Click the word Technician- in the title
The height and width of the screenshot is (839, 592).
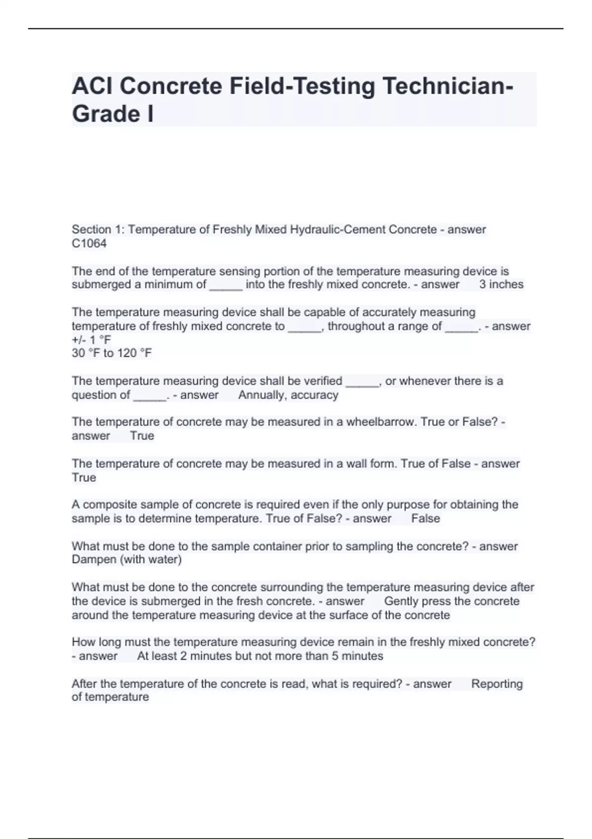(448, 86)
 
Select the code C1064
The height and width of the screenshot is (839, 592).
(89, 243)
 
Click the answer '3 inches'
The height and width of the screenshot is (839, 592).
(501, 284)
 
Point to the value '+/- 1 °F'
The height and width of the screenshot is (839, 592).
(91, 340)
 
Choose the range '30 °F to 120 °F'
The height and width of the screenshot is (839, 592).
(112, 353)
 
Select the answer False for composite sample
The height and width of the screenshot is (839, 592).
(425, 518)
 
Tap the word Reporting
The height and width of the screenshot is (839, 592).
(497, 684)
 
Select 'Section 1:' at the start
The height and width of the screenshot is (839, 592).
(98, 229)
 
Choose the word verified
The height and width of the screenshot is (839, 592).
(322, 381)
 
